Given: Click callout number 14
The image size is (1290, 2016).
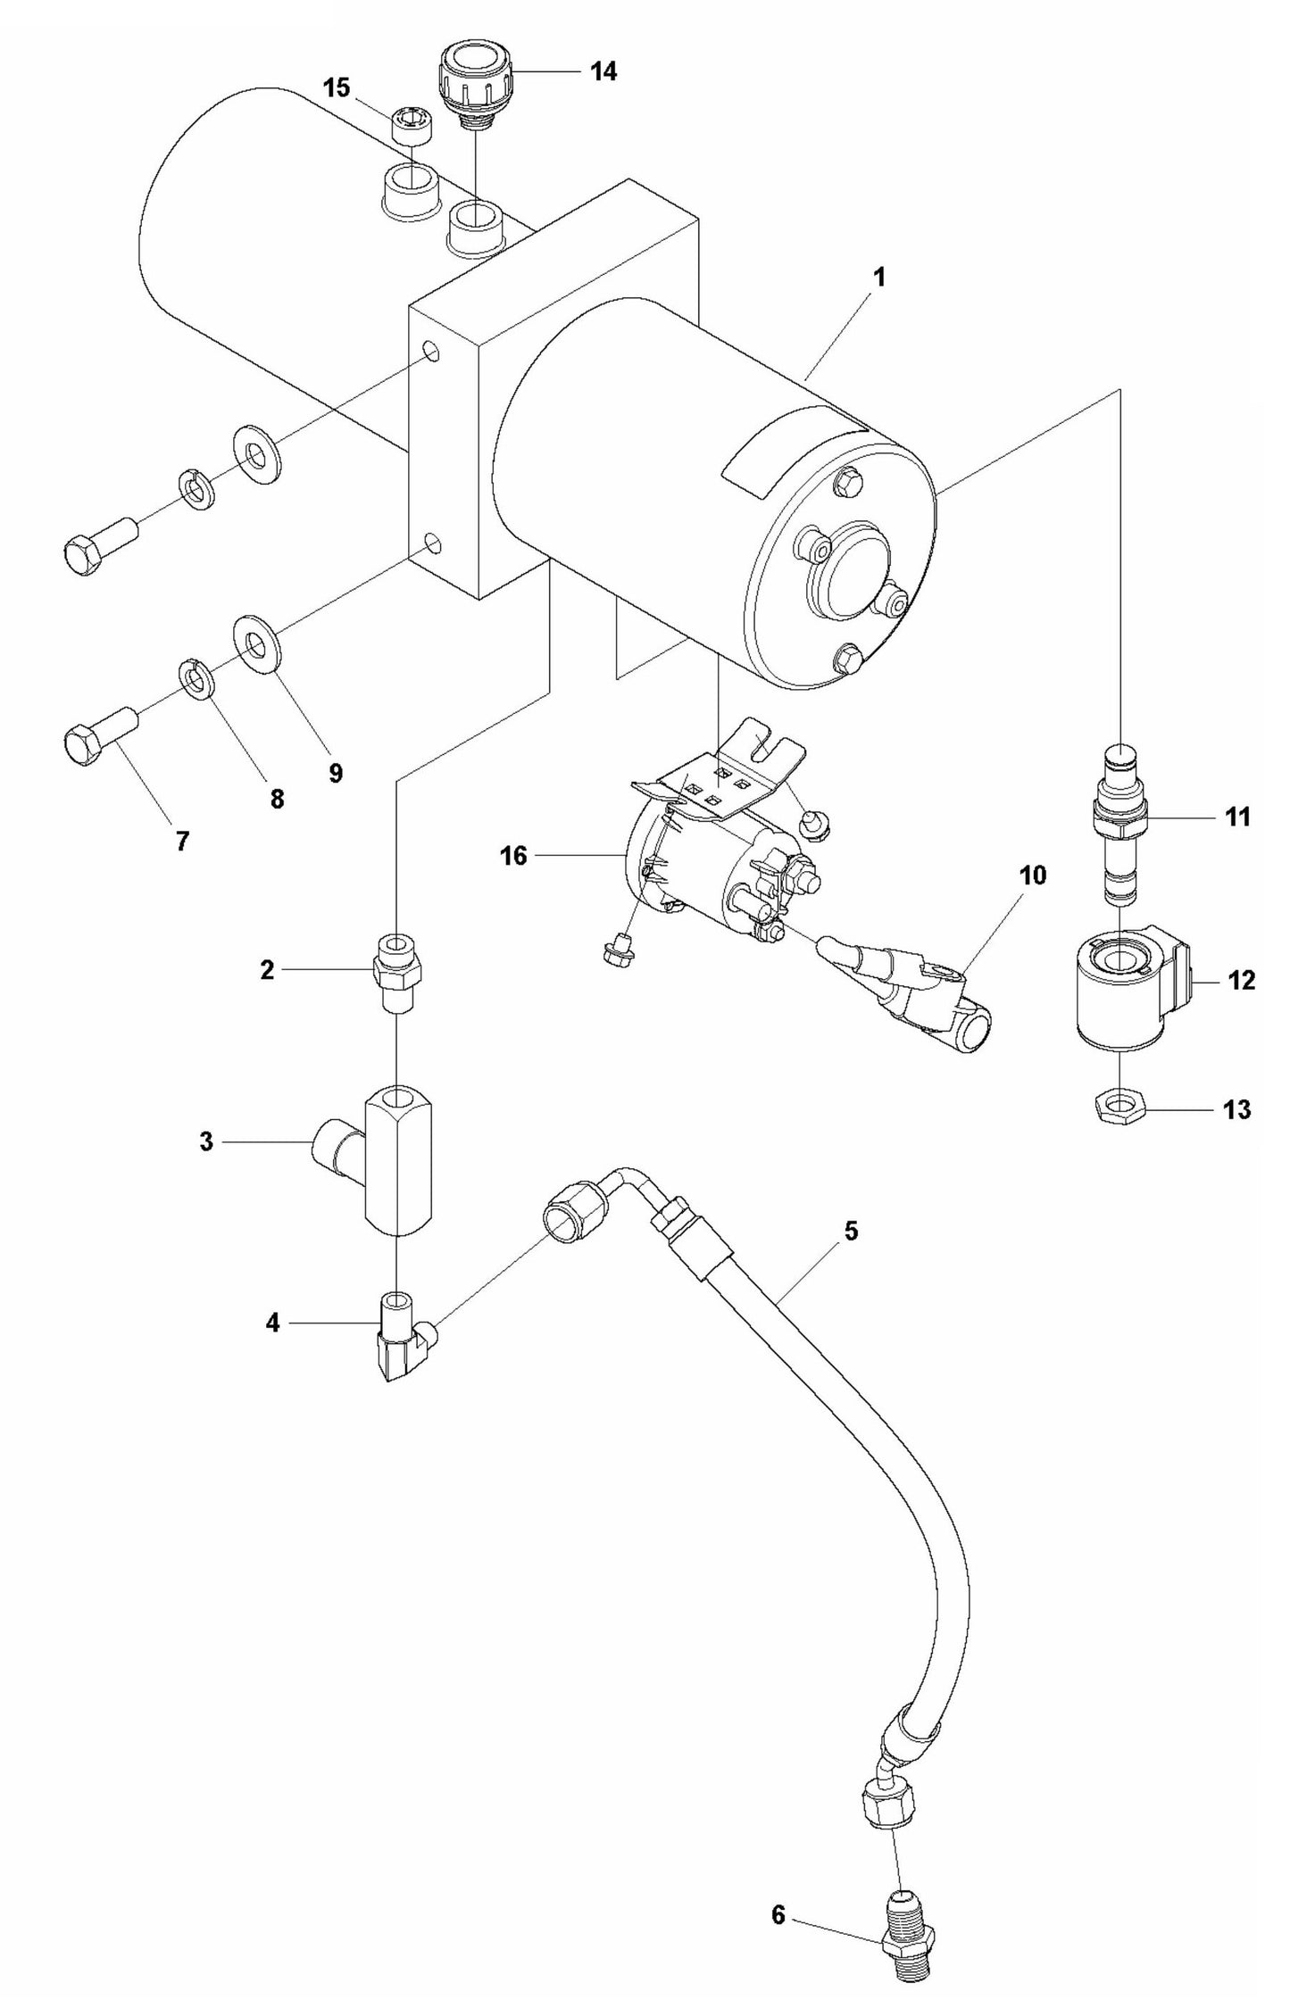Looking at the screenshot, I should pos(603,71).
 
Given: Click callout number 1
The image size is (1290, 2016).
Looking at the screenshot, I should pos(878,278).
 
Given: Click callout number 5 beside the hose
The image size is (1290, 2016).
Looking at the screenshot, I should pos(850,1232).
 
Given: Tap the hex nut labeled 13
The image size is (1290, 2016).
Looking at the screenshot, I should pos(1117,1109).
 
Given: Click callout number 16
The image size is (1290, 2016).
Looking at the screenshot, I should pos(515,856).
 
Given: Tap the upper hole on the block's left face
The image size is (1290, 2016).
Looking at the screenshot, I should pos(431,351).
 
